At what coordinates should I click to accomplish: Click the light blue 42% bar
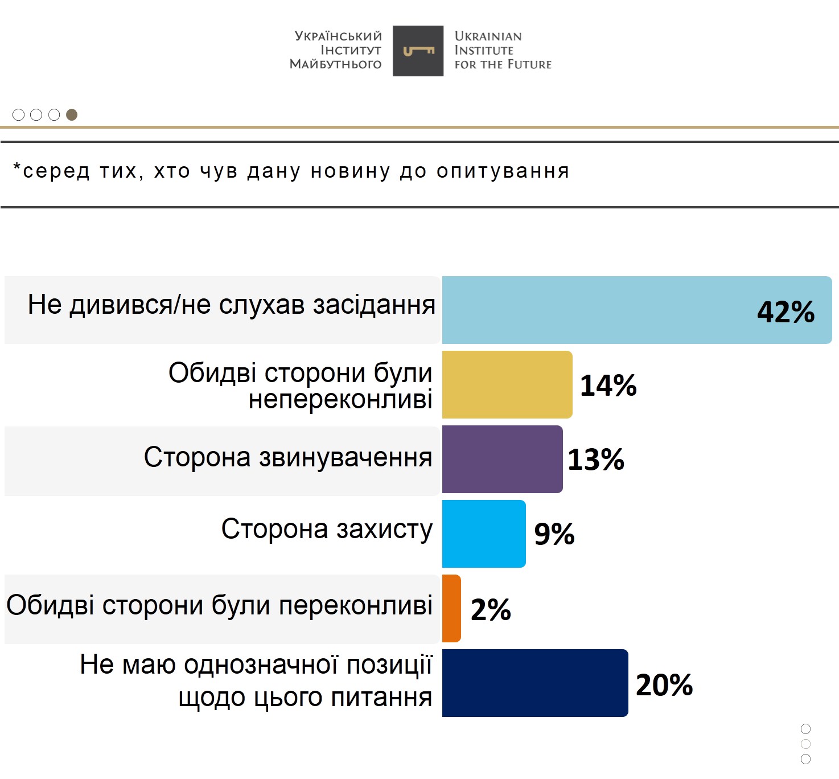tap(598, 310)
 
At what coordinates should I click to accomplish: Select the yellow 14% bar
tap(507, 384)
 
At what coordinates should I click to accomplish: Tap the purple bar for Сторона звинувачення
tap(502, 459)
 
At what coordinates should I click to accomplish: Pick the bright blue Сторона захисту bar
tap(484, 534)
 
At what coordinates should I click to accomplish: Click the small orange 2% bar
tap(451, 608)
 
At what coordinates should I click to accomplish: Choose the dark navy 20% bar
tap(535, 683)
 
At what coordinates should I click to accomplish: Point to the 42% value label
tap(785, 312)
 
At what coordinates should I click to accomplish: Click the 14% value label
tap(608, 386)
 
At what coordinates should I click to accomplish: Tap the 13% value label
tap(596, 460)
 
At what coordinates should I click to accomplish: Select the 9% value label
tap(554, 534)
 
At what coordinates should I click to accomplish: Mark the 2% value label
tap(491, 610)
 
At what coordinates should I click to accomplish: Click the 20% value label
tap(664, 685)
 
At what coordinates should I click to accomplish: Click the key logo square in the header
tap(418, 51)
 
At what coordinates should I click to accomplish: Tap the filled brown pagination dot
tap(72, 115)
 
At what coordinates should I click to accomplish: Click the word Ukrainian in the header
tap(488, 36)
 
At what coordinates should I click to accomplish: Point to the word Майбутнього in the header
tap(335, 64)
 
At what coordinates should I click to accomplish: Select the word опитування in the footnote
tap(503, 171)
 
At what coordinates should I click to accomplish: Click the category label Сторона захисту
tap(327, 529)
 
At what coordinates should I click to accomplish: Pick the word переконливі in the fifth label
tap(355, 605)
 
